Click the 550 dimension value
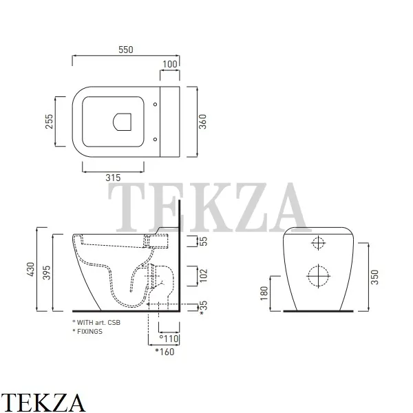pos(126,50)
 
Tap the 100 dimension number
pos(170,64)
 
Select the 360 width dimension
pos(202,121)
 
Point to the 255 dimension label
pos(49,121)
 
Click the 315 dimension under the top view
pos(113,178)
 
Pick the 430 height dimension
pos(30,269)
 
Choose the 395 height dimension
pos(46,273)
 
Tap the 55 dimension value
pos(203,242)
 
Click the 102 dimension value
pos(203,275)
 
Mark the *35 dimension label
pos(204,308)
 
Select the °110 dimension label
pos(169,339)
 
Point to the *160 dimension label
pos(165,352)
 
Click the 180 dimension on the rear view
pos(264,293)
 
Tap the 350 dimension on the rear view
pos(374,277)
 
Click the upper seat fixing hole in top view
pos(155,105)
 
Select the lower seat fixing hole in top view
pos(155,139)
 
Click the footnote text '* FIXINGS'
pos(87,331)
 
